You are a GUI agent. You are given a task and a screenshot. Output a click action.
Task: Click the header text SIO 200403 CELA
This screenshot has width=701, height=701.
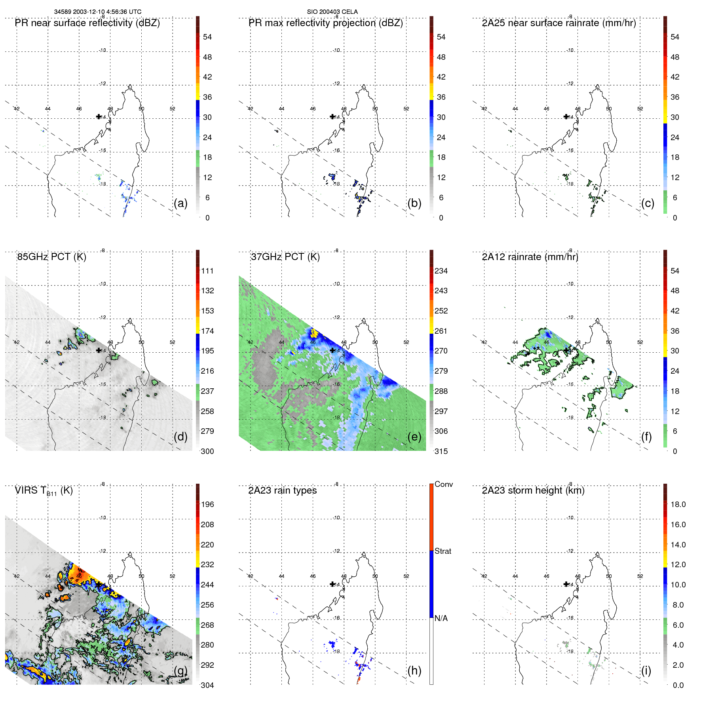click(332, 12)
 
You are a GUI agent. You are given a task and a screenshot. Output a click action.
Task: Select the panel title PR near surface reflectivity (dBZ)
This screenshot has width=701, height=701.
click(87, 23)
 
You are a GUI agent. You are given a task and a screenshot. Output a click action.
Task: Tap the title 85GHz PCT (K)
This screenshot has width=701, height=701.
click(51, 257)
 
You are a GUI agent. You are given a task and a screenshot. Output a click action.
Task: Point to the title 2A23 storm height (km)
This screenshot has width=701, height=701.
click(533, 490)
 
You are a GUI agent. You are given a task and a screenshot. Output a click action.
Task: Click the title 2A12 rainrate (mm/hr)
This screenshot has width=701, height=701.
click(530, 257)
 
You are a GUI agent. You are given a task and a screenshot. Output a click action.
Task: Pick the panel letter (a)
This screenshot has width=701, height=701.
click(180, 203)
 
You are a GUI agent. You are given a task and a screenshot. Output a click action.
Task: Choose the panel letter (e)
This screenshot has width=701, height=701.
click(414, 437)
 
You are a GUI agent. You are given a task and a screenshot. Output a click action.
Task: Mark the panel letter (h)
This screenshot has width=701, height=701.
click(414, 670)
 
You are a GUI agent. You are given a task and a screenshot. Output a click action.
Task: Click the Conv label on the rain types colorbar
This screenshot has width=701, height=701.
click(444, 484)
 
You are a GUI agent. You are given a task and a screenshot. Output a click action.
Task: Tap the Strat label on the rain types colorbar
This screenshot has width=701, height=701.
click(443, 551)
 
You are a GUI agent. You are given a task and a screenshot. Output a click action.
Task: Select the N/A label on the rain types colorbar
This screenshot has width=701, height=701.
click(441, 618)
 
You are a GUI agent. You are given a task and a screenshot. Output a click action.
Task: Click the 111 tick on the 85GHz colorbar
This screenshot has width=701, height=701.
click(207, 271)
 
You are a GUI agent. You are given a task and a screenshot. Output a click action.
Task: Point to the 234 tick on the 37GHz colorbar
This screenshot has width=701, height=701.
click(441, 271)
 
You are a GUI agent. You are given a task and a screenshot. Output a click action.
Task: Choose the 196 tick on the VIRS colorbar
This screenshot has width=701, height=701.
click(207, 504)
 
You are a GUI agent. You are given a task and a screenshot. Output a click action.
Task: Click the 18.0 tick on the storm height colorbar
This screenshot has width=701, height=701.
click(678, 504)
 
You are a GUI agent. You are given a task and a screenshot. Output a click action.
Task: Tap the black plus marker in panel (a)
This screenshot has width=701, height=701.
click(99, 116)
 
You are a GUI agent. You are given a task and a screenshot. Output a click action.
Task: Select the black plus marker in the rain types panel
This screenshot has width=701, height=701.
click(332, 584)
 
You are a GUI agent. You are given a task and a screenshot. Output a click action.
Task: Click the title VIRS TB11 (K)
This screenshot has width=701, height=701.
click(44, 491)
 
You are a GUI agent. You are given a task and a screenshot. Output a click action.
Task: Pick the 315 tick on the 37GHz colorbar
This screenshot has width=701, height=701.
click(441, 451)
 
